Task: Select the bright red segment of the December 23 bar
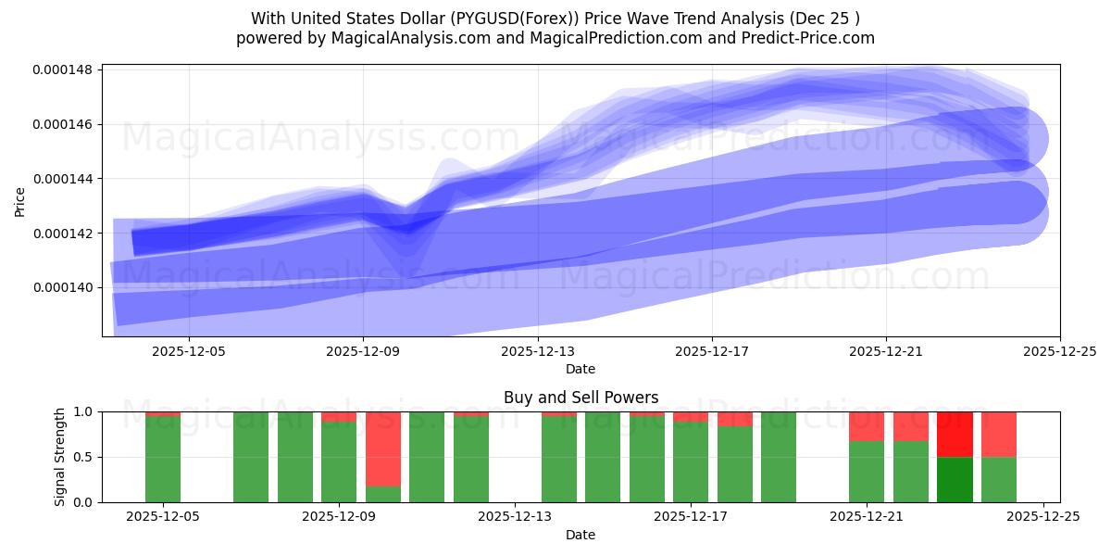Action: coord(955,434)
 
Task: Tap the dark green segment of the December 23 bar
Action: coord(955,479)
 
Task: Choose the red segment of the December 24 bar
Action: coord(999,434)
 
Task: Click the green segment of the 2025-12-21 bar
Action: coord(867,472)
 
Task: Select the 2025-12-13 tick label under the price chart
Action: coord(538,351)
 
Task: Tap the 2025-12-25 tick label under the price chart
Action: coord(1060,351)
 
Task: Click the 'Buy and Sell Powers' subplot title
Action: coord(580,398)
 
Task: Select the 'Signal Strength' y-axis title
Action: coord(60,457)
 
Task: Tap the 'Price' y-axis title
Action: coord(20,200)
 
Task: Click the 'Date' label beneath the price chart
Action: coord(580,369)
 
